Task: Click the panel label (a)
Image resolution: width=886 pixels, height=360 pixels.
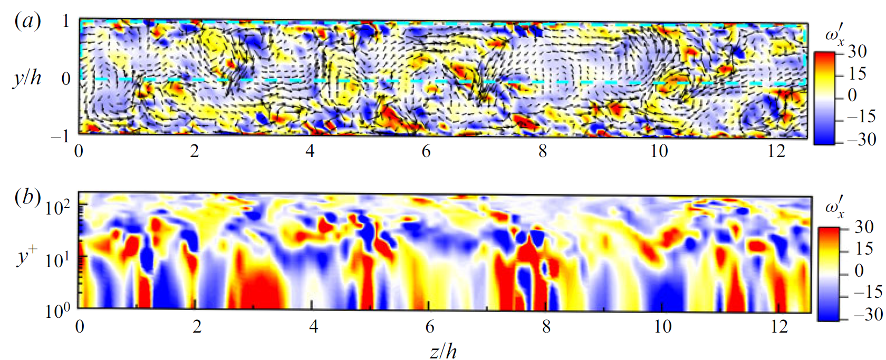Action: pos(27,21)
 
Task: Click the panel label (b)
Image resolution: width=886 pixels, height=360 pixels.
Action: pos(27,197)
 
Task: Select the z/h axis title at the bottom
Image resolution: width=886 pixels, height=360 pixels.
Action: pos(443,350)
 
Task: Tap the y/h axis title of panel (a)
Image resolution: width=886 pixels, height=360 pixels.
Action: pos(27,78)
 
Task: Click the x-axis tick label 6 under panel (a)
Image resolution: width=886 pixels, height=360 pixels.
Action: pos(426,151)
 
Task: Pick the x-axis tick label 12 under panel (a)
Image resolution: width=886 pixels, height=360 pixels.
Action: pos(776,151)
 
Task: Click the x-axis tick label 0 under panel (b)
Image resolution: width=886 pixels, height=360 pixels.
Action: pos(80,327)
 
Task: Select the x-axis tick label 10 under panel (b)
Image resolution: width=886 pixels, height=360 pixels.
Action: pos(663,327)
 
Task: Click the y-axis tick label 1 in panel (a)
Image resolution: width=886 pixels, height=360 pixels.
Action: pos(66,21)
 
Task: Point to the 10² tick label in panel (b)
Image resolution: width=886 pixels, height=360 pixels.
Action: pos(57,207)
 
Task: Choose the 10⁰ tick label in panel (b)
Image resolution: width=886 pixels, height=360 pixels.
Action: pos(57,310)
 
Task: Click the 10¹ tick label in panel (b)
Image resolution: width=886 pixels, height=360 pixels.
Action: pos(57,259)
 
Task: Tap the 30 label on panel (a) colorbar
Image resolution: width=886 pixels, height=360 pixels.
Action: pos(857,51)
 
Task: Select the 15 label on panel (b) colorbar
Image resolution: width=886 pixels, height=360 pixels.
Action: pos(864,248)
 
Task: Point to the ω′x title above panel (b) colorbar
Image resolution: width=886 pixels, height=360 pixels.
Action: pos(834,207)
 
